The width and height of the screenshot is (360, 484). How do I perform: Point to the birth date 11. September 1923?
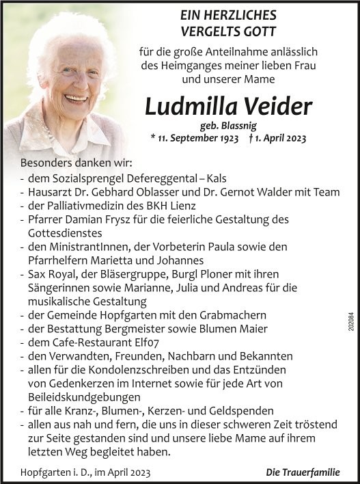(x=197, y=138)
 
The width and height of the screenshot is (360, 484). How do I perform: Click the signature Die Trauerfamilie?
(x=303, y=472)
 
